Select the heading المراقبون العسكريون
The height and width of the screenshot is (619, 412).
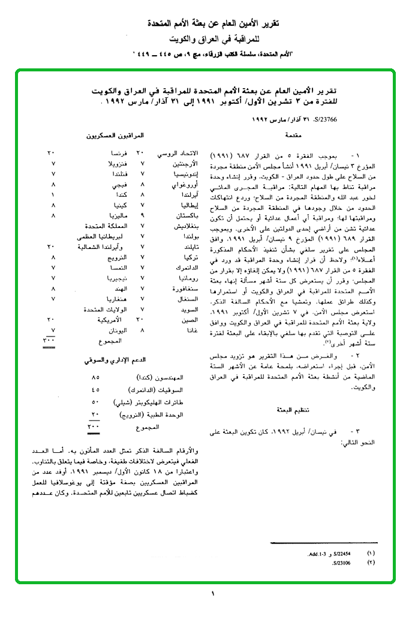click(x=122, y=137)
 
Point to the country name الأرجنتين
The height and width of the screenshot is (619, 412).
click(x=170, y=163)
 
